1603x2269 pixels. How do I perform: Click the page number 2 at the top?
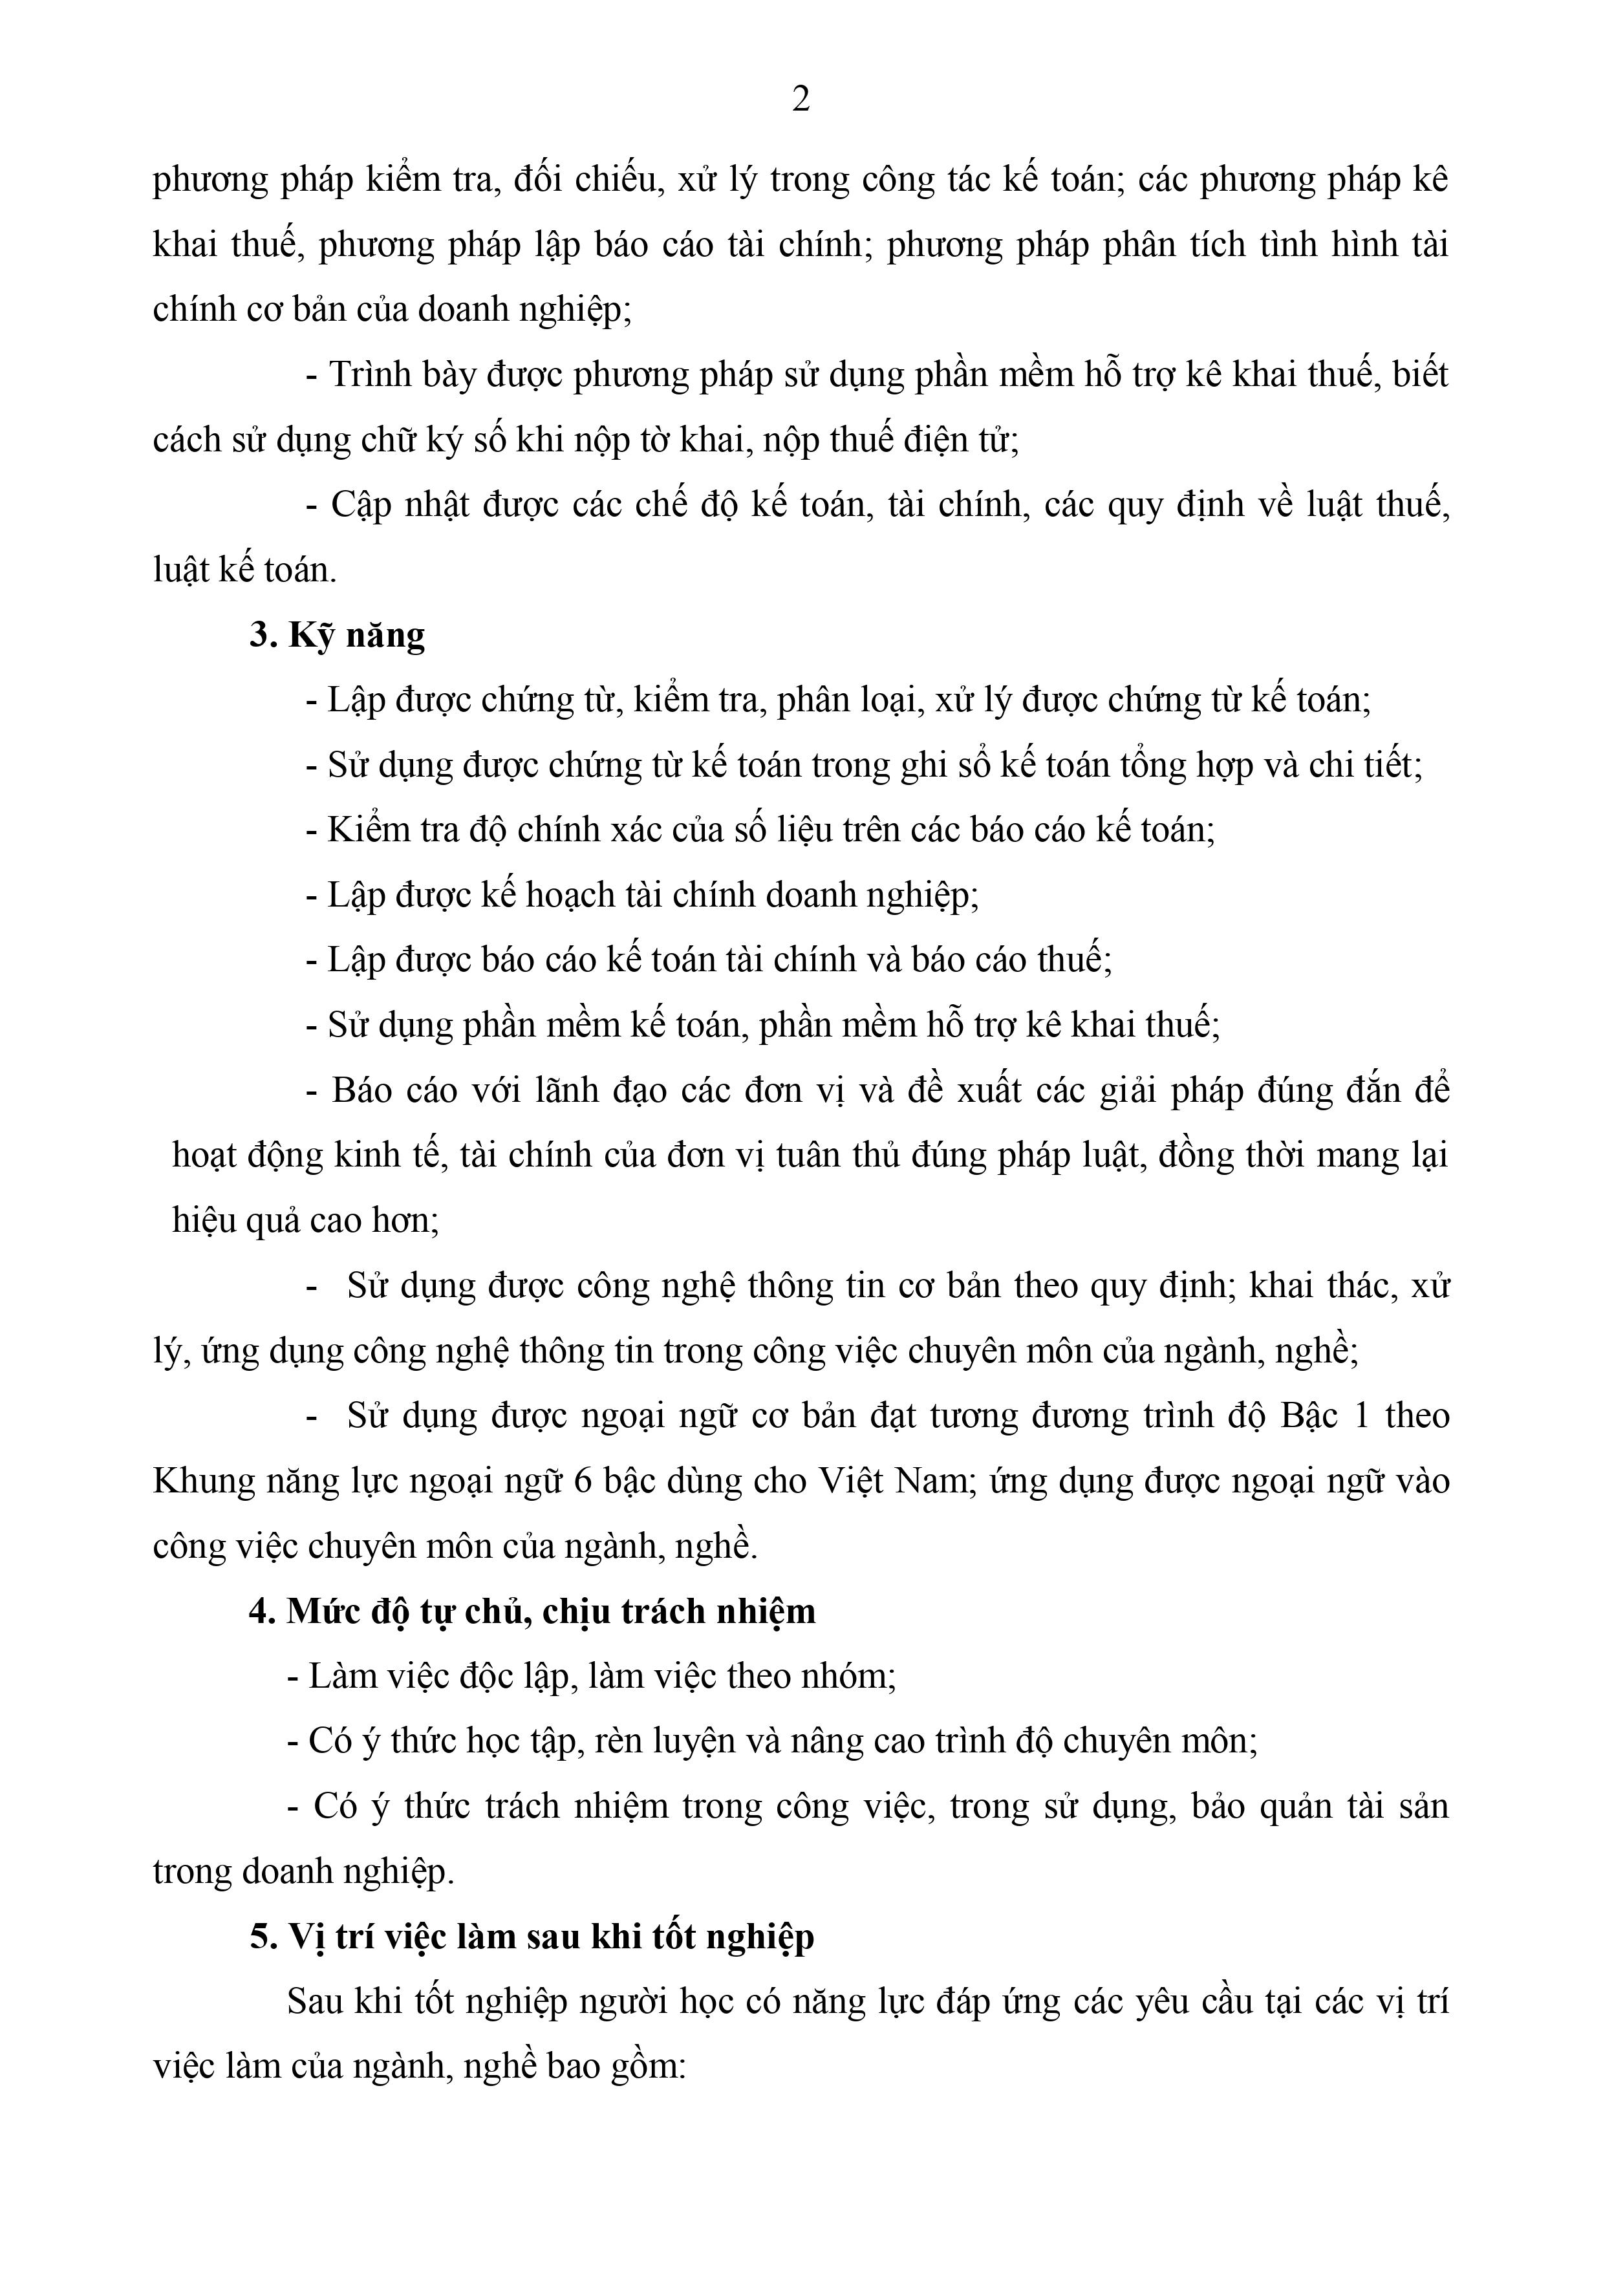[801, 100]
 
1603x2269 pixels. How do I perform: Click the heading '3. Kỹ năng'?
[337, 634]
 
